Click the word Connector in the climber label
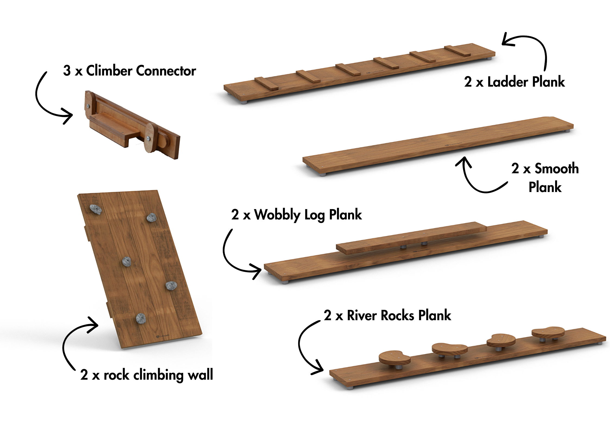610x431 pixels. [x=166, y=71]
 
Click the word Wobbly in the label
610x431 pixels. [x=277, y=215]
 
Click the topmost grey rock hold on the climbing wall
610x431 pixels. [x=96, y=209]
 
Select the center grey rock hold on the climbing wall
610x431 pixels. [x=126, y=262]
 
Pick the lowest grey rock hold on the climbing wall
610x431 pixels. [x=141, y=318]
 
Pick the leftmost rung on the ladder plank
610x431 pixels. [x=266, y=83]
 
